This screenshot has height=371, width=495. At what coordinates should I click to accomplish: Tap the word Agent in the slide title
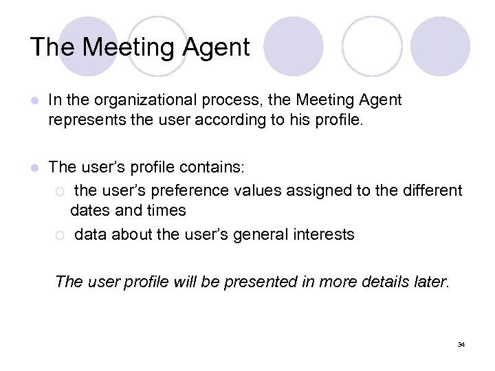[x=216, y=47]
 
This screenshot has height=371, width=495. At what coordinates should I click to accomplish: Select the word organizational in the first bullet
[x=142, y=100]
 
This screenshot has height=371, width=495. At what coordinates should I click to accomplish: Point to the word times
[x=165, y=210]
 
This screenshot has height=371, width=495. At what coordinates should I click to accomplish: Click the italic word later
[x=428, y=282]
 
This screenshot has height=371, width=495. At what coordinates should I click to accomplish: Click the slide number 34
[x=461, y=344]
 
